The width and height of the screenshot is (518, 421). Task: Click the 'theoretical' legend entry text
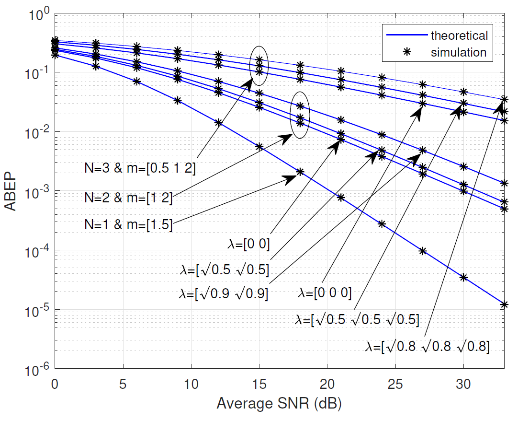tap(459, 35)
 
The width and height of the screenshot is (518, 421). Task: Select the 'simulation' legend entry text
tap(459, 52)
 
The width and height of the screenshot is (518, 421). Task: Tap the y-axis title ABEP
tap(11, 192)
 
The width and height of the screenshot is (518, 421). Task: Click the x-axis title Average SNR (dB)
tap(279, 404)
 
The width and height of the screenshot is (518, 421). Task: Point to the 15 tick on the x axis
tap(259, 385)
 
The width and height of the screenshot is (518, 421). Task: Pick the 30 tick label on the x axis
tap(463, 385)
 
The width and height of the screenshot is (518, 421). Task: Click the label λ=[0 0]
tap(249, 245)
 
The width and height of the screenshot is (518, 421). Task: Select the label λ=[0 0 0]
tap(325, 292)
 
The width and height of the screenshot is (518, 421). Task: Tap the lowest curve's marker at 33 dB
tap(504, 304)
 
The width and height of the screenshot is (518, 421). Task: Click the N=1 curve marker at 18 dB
tap(300, 172)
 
